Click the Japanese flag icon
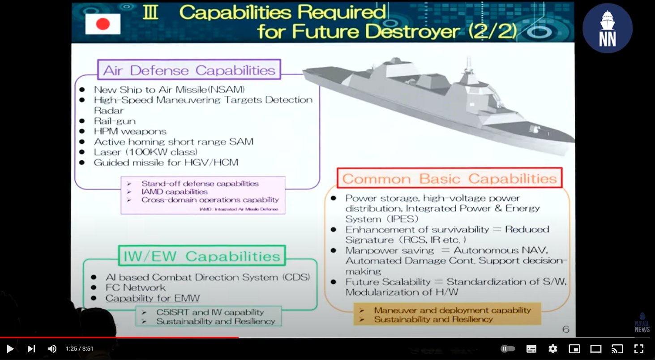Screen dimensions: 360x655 pyautogui.click(x=103, y=24)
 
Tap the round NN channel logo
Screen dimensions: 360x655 pyautogui.click(x=607, y=29)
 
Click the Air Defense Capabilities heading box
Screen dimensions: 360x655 pyautogui.click(x=189, y=70)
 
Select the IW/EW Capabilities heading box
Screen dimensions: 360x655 pyautogui.click(x=201, y=256)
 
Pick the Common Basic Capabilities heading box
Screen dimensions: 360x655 pyautogui.click(x=449, y=179)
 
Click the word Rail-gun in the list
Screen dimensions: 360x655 pyautogui.click(x=115, y=121)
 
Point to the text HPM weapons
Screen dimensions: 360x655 pyautogui.click(x=130, y=131)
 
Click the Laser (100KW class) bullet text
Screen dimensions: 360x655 pyautogui.click(x=146, y=152)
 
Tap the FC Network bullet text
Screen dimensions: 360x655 pyautogui.click(x=135, y=287)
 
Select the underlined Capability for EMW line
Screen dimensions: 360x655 pyautogui.click(x=152, y=298)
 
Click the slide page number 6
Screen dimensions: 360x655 pyautogui.click(x=565, y=330)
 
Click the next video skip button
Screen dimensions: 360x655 pyautogui.click(x=31, y=349)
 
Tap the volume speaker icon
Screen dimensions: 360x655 pyautogui.click(x=52, y=349)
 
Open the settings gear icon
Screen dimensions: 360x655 pyautogui.click(x=553, y=349)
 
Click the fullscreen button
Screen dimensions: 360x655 pyautogui.click(x=639, y=349)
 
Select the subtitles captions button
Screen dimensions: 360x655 pyautogui.click(x=531, y=349)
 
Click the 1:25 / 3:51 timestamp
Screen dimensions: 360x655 pyautogui.click(x=79, y=349)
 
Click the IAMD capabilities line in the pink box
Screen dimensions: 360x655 pyautogui.click(x=174, y=192)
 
